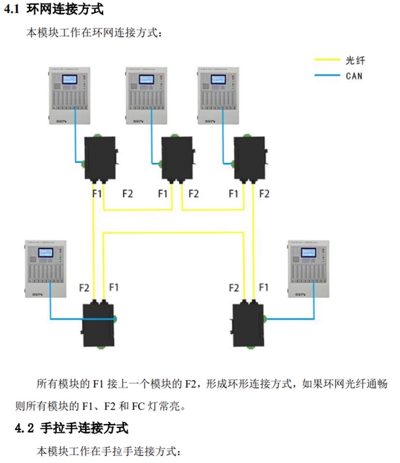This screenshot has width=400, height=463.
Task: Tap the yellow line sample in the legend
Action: click(327, 60)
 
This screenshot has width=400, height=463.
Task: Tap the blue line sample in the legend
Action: click(327, 76)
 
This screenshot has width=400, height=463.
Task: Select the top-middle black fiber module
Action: click(177, 159)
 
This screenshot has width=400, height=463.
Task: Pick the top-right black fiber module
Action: click(250, 159)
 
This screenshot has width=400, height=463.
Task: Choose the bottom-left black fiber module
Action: click(99, 323)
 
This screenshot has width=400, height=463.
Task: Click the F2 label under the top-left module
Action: click(127, 194)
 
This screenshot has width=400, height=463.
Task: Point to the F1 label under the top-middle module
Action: click(164, 194)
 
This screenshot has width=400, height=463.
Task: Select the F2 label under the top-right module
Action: click(264, 194)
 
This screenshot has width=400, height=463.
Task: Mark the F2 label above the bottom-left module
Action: click(84, 288)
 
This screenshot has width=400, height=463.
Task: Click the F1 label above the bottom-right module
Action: click(263, 287)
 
